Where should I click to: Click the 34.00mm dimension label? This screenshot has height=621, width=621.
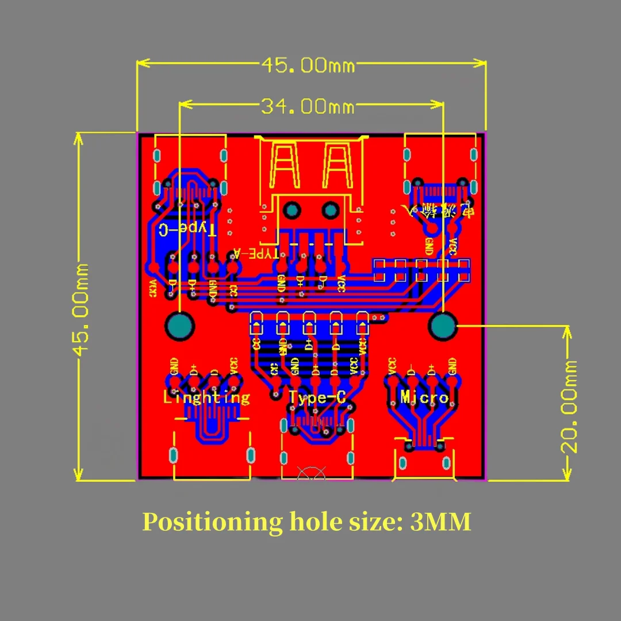pyautogui.click(x=308, y=106)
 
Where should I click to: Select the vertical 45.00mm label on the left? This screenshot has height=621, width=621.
pyautogui.click(x=83, y=309)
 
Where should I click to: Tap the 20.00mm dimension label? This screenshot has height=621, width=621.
pyautogui.click(x=569, y=406)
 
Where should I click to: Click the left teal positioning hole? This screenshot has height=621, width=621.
pyautogui.click(x=180, y=326)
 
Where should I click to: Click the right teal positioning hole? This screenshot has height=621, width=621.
pyautogui.click(x=443, y=327)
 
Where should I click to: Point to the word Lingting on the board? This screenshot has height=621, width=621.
pyautogui.click(x=206, y=397)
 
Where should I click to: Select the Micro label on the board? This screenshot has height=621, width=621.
pyautogui.click(x=424, y=397)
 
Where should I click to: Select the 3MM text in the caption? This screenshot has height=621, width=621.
pyautogui.click(x=441, y=522)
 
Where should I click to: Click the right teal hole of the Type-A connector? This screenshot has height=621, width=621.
pyautogui.click(x=329, y=210)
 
